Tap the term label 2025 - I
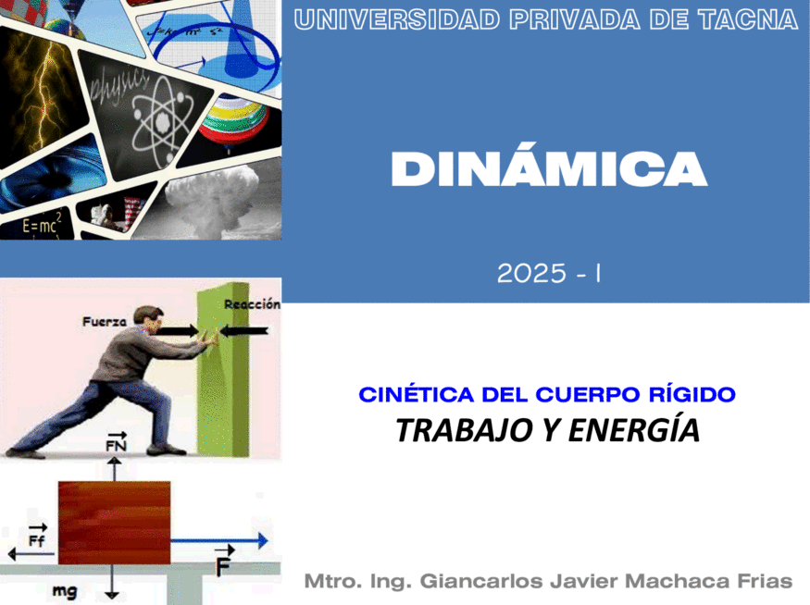click(549, 273)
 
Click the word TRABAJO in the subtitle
click(465, 430)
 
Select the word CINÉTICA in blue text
click(416, 394)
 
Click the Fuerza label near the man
click(105, 322)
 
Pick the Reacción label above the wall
click(252, 304)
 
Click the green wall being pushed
click(223, 369)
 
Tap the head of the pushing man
click(149, 319)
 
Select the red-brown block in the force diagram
click(114, 523)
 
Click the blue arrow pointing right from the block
click(219, 541)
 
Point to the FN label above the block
click(117, 442)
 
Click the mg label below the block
click(65, 590)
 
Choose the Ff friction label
click(37, 537)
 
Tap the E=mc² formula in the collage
click(42, 224)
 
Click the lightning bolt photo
click(42, 98)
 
